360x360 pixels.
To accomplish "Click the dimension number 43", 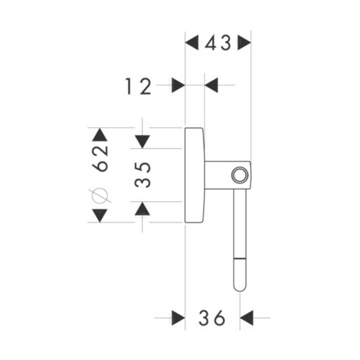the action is coord(218,43).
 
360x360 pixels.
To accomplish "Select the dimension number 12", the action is coord(138,86).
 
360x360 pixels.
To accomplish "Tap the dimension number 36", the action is coord(212,318).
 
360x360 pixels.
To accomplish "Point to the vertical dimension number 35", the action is coord(143,175).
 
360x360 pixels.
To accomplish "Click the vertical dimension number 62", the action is coord(100,159).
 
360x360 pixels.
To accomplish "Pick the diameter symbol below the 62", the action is coord(100,196).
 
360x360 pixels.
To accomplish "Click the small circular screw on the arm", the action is coord(240,175).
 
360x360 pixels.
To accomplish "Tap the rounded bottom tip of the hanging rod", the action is coord(240,291).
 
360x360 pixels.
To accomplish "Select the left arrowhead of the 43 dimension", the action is coord(192,42).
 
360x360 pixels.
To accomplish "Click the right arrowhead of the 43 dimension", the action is coord(244,42).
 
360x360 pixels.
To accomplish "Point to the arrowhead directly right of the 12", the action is coord(179,85).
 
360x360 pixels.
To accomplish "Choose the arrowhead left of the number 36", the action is coord(179,318).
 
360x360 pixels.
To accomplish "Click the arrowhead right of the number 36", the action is coord(247,318).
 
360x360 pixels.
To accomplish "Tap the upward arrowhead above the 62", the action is coord(100,135).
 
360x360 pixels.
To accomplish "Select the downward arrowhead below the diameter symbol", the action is coord(100,215).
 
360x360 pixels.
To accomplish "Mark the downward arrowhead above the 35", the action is coord(142,142).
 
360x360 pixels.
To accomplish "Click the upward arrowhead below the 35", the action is coord(142,208).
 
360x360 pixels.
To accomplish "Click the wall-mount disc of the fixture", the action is coord(194,175).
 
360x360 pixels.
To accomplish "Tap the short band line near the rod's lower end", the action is coord(240,259).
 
